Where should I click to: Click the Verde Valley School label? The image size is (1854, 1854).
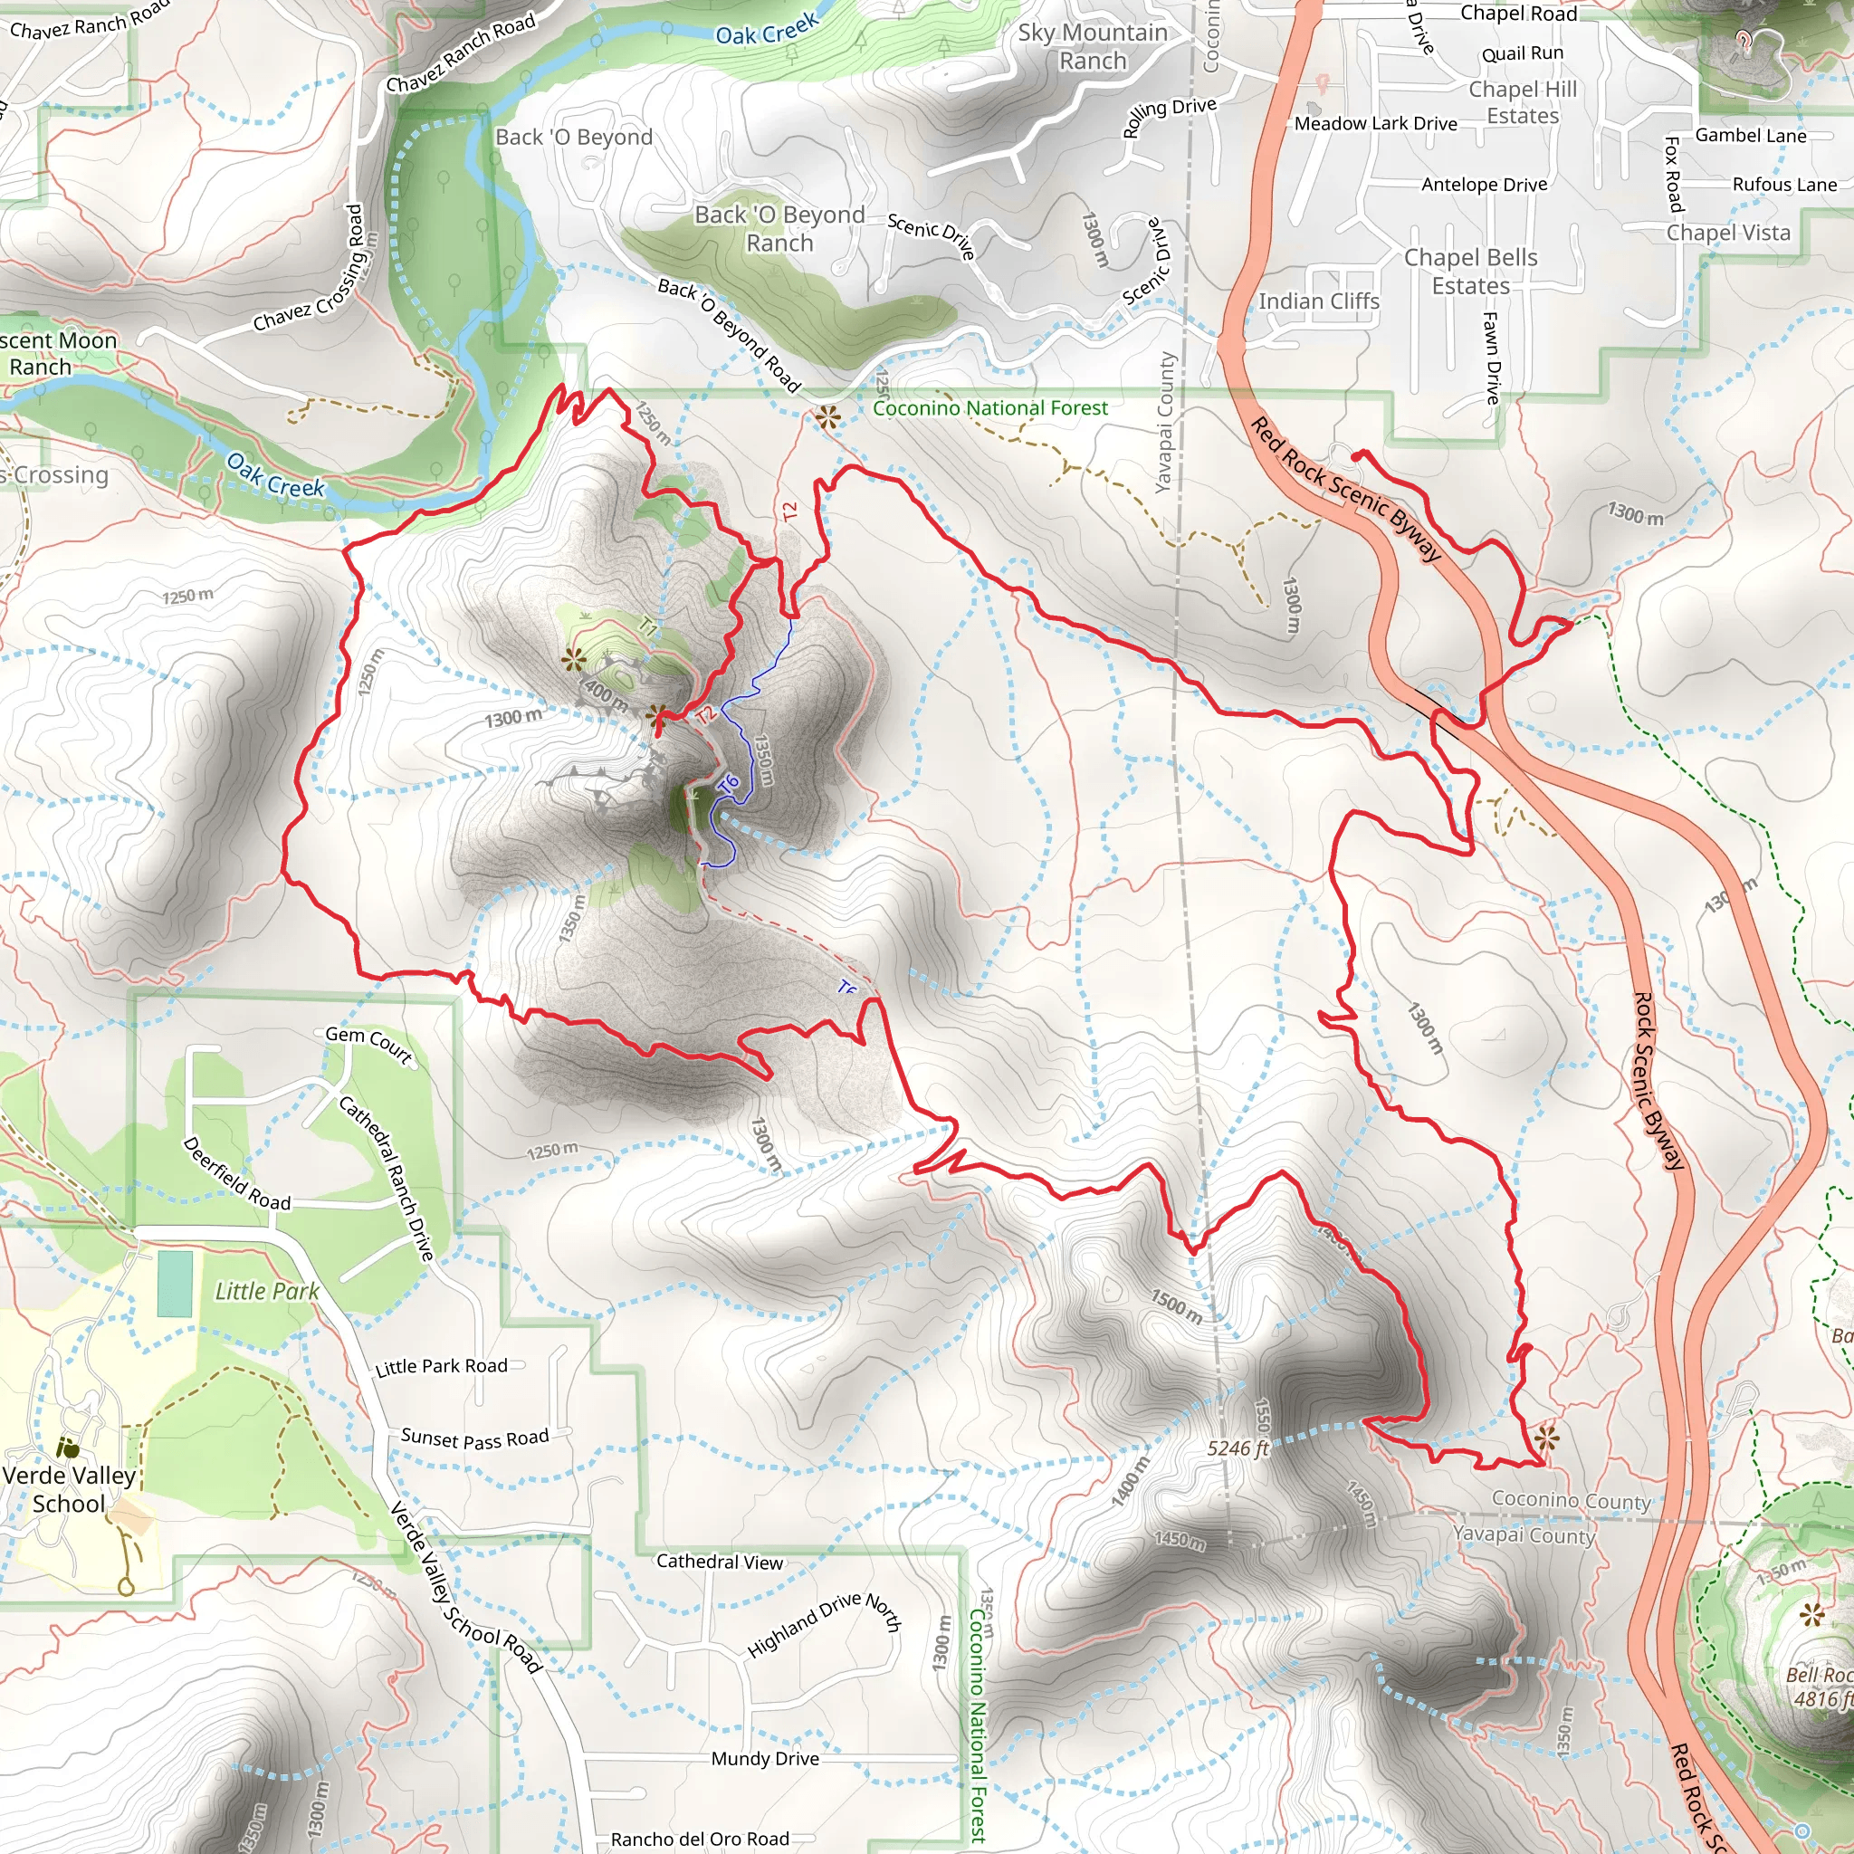[x=69, y=1488]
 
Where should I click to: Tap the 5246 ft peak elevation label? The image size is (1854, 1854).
[x=1238, y=1448]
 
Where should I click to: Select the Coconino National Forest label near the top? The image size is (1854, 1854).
[x=989, y=408]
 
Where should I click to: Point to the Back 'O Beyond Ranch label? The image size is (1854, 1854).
[x=779, y=228]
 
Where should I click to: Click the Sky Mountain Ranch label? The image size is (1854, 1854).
[x=1093, y=46]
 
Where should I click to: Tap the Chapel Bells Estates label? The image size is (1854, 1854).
[x=1470, y=272]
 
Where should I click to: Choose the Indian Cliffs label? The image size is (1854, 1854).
[x=1318, y=301]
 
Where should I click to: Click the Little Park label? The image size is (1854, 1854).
[x=267, y=1291]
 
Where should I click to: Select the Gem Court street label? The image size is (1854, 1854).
[x=368, y=1045]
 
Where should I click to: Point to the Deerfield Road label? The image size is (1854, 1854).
[x=236, y=1173]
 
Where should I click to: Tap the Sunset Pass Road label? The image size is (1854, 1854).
[x=475, y=1438]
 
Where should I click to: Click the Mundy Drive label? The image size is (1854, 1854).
[x=765, y=1758]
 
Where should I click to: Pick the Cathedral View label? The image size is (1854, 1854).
[x=720, y=1562]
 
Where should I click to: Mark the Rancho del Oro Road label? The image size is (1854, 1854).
[x=700, y=1839]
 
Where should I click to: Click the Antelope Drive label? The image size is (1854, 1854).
[x=1484, y=185]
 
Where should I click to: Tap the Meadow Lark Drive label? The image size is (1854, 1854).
[x=1375, y=123]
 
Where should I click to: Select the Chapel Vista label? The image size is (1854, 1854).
[x=1727, y=233]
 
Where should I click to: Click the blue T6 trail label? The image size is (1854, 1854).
[x=730, y=783]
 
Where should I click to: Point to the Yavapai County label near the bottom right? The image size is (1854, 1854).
[x=1523, y=1534]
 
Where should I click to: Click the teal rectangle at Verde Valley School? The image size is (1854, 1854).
[x=175, y=1283]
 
